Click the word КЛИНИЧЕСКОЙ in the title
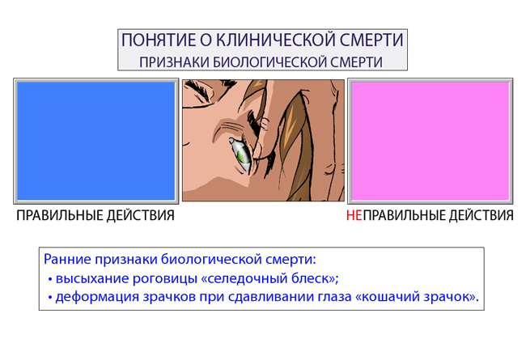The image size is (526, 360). coord(276,40)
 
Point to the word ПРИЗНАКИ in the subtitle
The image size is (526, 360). coord(175,62)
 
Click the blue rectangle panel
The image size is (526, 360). coord(96,141)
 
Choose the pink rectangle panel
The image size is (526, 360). coord(430,141)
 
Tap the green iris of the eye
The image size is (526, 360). coord(242,156)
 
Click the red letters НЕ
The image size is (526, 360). coord(354,215)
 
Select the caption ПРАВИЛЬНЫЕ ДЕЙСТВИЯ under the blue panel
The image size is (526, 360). coord(95,215)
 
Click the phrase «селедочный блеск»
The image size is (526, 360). coord(269,278)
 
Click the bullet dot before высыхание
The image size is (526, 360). coord(50,279)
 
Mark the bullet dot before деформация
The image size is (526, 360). coord(50,297)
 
